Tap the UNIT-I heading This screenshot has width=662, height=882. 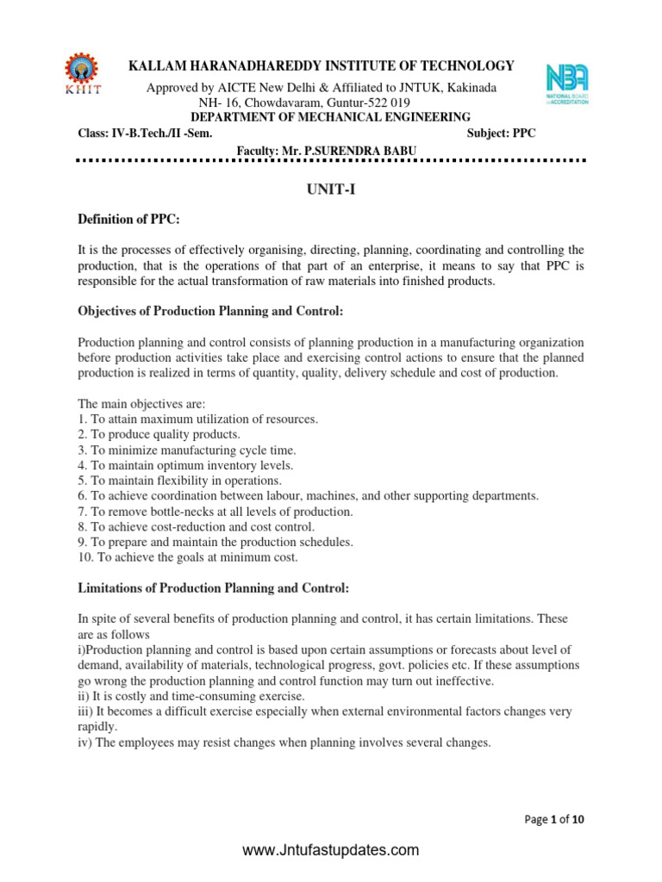click(x=331, y=191)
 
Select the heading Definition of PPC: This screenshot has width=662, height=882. click(x=128, y=221)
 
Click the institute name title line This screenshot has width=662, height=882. click(x=322, y=66)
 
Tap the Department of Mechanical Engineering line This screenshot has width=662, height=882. click(x=330, y=117)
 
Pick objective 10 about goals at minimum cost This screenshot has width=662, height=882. click(x=187, y=557)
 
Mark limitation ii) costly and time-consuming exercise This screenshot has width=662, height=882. click(x=191, y=696)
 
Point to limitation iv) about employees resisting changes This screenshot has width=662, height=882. click(x=284, y=742)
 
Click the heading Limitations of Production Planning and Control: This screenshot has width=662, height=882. click(x=214, y=588)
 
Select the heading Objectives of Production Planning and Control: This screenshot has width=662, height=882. click(x=213, y=310)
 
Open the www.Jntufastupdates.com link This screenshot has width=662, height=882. click(x=331, y=851)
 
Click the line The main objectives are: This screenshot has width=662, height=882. click(x=136, y=403)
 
